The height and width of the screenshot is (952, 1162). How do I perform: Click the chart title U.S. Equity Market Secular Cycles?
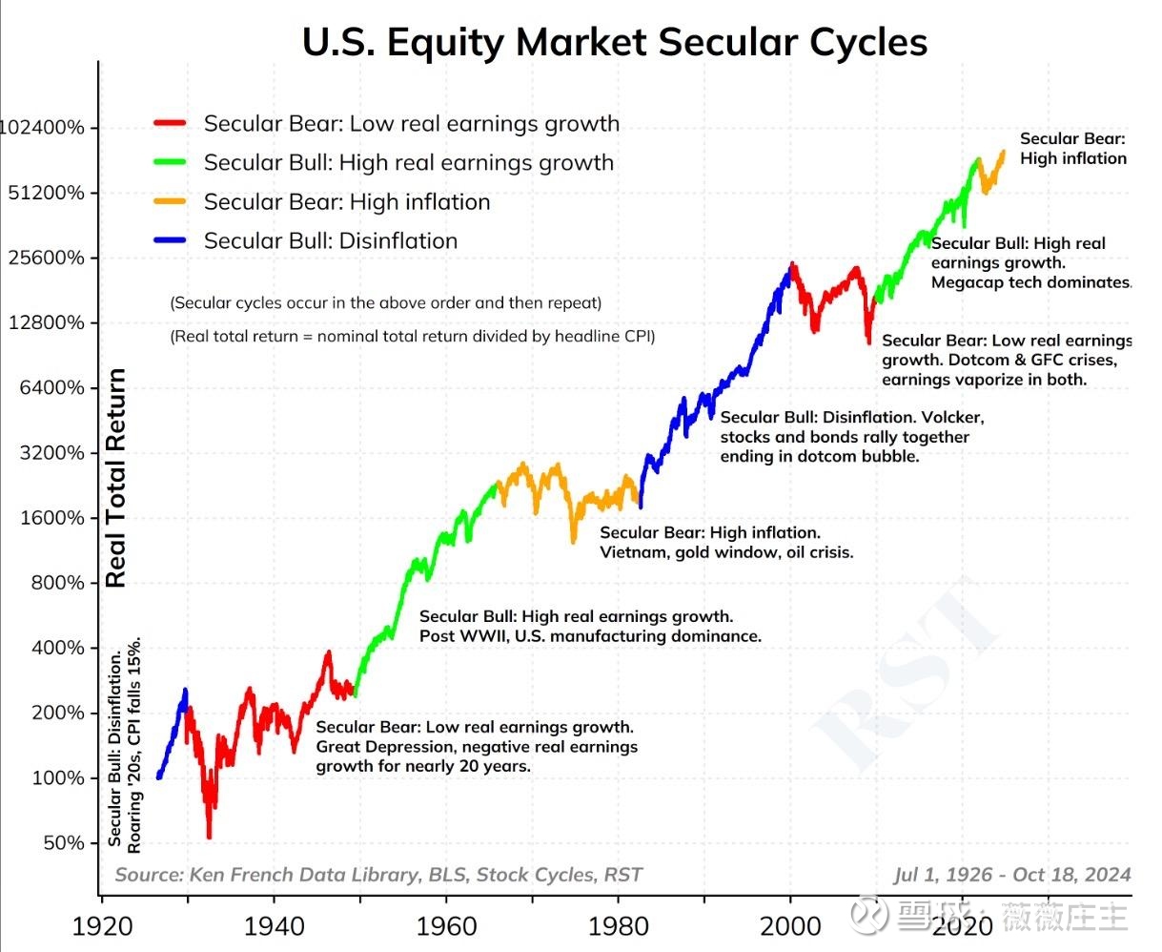point(614,42)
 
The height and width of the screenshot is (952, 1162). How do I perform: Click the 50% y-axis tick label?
point(64,843)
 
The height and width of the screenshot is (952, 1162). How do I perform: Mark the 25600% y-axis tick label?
point(46,259)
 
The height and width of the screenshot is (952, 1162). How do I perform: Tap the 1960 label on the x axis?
point(446,926)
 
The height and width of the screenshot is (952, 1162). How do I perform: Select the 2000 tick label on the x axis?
point(790,926)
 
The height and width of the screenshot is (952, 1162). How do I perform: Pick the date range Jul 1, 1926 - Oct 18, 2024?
point(1011,875)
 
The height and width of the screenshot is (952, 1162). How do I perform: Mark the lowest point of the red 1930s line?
point(209,837)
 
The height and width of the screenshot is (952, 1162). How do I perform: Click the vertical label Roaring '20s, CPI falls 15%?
point(134,744)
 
